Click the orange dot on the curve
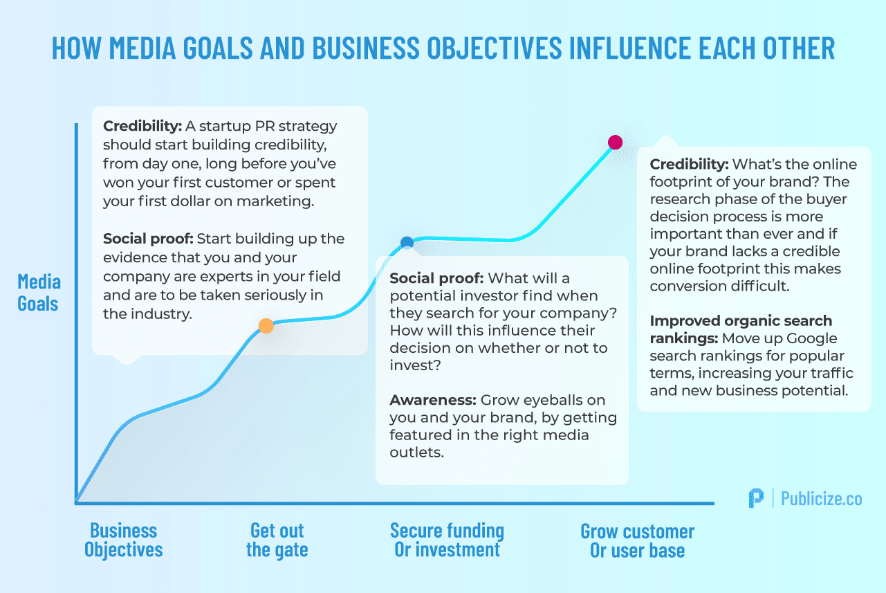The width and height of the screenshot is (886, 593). [266, 326]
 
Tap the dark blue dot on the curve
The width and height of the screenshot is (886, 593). [407, 242]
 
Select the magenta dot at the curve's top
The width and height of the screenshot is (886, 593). [615, 142]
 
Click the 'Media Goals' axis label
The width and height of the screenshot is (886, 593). [39, 293]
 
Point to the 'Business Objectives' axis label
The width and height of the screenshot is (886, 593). [123, 540]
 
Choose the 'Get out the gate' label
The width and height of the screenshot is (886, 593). [277, 540]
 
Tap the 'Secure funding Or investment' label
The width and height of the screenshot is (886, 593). [447, 540]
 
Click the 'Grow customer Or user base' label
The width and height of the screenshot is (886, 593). [637, 540]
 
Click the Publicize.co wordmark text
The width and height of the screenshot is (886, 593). [821, 498]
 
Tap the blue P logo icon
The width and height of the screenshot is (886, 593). [756, 498]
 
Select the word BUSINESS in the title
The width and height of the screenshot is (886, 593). [366, 48]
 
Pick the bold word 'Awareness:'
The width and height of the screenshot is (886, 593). [433, 400]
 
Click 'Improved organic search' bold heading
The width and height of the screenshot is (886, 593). [741, 321]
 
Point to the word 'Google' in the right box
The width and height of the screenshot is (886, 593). [811, 338]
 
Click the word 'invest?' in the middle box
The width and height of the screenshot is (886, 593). [415, 365]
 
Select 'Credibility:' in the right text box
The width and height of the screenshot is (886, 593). [689, 164]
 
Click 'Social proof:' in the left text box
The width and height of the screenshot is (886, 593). [148, 239]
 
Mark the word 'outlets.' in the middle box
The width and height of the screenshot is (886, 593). [417, 452]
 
